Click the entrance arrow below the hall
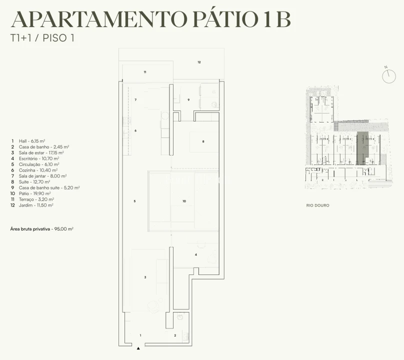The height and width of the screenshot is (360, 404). point(138,348)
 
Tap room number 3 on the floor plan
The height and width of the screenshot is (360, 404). point(145,277)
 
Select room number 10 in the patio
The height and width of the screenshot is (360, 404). point(184,201)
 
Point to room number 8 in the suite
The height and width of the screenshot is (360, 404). point(203,141)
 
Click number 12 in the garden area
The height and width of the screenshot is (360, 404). point(199,62)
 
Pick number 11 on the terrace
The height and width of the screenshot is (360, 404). point(145,72)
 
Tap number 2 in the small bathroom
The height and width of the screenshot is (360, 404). point(175,335)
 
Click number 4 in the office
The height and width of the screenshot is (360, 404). point(196,254)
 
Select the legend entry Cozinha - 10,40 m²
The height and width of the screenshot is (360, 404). point(34,170)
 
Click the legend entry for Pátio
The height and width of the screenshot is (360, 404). point(30,193)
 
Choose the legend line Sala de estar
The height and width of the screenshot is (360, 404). point(37,153)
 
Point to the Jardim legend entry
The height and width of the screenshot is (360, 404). point(32,205)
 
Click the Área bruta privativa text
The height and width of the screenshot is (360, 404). point(41,229)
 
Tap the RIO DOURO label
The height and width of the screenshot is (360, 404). point(317,205)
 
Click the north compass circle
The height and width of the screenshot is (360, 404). point(389,76)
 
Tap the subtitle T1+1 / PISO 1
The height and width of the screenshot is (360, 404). point(42,38)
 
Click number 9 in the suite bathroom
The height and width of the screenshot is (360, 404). point(188,99)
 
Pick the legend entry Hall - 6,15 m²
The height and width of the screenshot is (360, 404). point(28,141)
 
